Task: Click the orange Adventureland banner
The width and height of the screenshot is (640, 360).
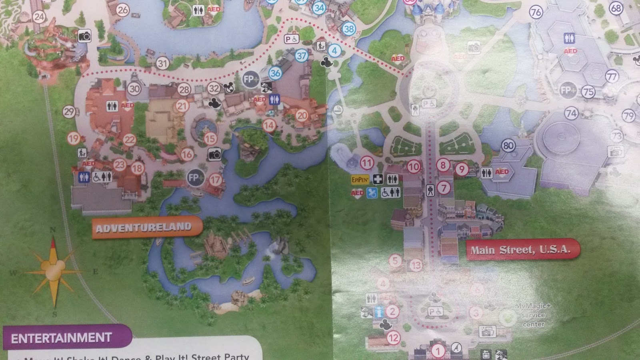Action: coord(144,228)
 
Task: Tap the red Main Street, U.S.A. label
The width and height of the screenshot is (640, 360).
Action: coord(520,250)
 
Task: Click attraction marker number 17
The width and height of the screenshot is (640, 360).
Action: coord(215,180)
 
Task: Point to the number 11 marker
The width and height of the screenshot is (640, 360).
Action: coord(367,163)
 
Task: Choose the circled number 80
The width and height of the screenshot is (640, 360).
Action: coord(508,146)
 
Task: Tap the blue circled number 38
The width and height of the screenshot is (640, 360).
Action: coord(349,28)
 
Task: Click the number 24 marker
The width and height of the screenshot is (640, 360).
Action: coord(39,17)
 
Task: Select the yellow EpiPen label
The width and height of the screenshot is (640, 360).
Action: coord(360,180)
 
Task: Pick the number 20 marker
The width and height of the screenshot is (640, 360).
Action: coord(302,116)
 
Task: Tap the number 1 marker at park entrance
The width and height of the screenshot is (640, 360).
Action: coord(438,351)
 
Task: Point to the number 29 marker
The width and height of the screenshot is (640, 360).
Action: coord(69,112)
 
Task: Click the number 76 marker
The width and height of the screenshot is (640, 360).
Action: coord(536,12)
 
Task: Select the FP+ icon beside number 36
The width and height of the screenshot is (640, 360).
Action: coord(250,79)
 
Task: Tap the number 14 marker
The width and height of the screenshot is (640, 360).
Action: coord(269,126)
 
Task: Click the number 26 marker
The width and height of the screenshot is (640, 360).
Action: coord(123,10)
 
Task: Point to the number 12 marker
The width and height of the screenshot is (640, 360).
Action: coord(394,338)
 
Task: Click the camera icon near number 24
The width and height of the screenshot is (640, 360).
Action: coord(84,36)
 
